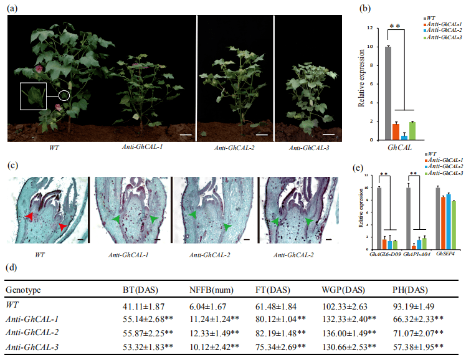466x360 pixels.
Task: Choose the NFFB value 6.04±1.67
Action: [209, 306]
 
